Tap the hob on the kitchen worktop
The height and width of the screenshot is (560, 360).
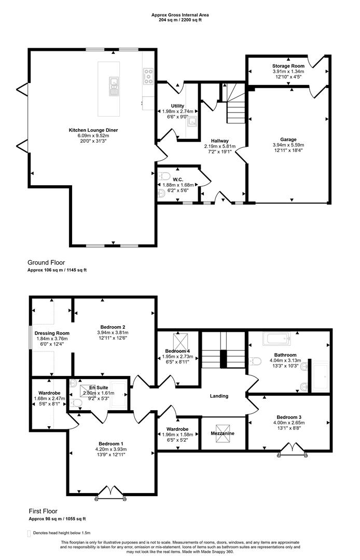[147, 77]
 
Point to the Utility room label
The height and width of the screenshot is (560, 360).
[177, 106]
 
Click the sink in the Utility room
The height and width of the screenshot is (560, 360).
[192, 122]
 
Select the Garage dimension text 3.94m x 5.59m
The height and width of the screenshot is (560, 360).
[288, 145]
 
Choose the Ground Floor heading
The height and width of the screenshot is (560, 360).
[47, 262]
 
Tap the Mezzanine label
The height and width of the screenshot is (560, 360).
[222, 433]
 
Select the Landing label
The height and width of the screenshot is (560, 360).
[219, 396]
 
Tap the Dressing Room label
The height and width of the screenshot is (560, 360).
[52, 333]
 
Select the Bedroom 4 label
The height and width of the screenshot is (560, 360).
[177, 351]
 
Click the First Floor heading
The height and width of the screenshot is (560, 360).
[43, 511]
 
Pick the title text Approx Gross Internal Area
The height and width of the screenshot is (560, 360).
[179, 16]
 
